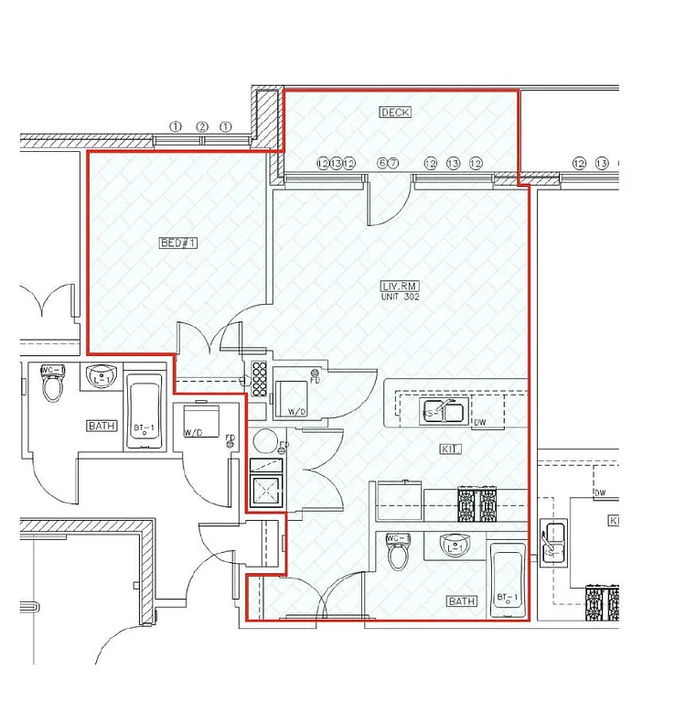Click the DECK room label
pyautogui.click(x=395, y=113)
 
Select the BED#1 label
pyautogui.click(x=178, y=243)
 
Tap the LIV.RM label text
pyautogui.click(x=401, y=287)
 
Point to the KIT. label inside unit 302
pyautogui.click(x=451, y=449)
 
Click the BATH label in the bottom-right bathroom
pyautogui.click(x=462, y=601)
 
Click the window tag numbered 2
pyautogui.click(x=202, y=126)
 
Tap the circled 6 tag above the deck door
pyautogui.click(x=382, y=163)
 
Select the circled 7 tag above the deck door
pyautogui.click(x=394, y=163)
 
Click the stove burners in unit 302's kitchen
pyautogui.click(x=476, y=503)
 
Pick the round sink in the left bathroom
pyautogui.click(x=100, y=376)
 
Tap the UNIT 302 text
pyautogui.click(x=401, y=297)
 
